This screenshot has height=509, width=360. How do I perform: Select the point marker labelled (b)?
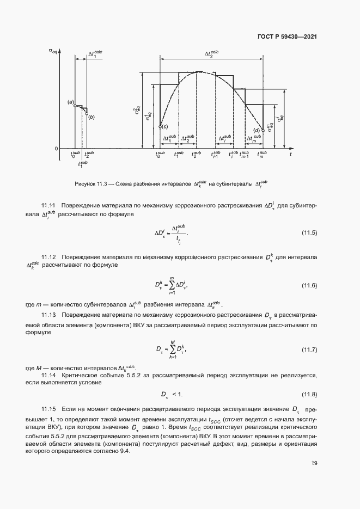pyautogui.click(x=87, y=113)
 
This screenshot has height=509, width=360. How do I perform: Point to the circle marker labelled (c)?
pyautogui.click(x=160, y=127)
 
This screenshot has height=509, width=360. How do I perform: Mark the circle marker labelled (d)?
pyautogui.click(x=263, y=130)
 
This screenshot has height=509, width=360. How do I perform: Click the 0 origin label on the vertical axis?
pyautogui.click(x=56, y=148)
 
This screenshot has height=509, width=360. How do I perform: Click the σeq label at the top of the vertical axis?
pyautogui.click(x=53, y=52)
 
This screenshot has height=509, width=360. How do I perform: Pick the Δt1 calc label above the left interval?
pyautogui.click(x=95, y=53)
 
